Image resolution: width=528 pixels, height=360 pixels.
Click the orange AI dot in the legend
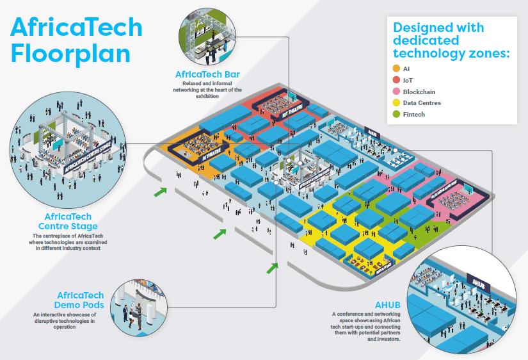point(396,69)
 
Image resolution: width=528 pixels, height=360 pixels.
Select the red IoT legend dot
point(396,80)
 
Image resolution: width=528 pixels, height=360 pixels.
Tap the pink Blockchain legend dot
point(396,92)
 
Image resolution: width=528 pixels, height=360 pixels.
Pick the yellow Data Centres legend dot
point(396,103)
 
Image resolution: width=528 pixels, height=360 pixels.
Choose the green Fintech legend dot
point(396,115)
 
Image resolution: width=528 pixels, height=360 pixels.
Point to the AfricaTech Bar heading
point(207,74)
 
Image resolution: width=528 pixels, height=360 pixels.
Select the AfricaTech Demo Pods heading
point(79,300)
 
